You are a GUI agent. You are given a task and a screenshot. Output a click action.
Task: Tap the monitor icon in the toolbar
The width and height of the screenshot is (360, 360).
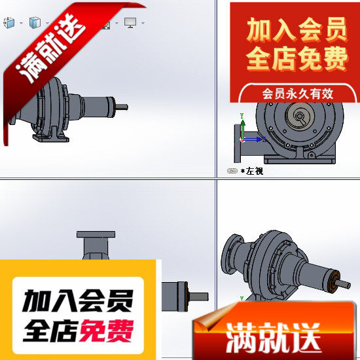(130, 23)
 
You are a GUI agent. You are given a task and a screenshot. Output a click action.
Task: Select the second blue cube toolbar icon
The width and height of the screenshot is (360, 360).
(35, 23)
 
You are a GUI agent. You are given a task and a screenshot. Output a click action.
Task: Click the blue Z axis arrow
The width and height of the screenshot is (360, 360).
(259, 139)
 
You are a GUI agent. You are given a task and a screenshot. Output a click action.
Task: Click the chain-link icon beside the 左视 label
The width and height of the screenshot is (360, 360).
(232, 171)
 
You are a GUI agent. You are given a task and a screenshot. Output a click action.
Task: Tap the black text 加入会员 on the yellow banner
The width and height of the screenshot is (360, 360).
(78, 302)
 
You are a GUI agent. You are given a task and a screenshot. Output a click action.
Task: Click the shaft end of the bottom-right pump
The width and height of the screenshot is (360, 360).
(345, 283)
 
